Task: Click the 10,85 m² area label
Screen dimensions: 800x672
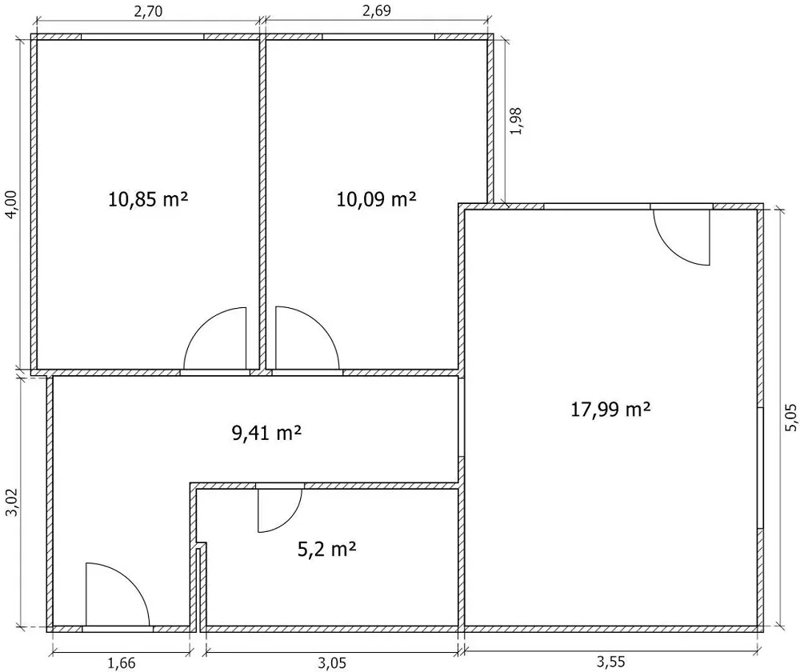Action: coord(148,198)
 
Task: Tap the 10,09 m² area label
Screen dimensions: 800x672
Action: coord(376,198)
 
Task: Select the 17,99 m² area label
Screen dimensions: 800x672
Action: coord(610,409)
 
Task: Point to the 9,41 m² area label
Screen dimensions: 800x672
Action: coord(266,433)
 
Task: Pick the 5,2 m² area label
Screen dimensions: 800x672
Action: coord(326,549)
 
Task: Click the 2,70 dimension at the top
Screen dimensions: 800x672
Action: coord(148,11)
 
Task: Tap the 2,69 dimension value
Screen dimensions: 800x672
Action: coord(377,10)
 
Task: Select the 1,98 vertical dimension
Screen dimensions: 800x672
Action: coord(516,121)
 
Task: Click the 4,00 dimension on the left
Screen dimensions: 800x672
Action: coord(11,205)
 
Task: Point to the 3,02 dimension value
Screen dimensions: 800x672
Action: coord(11,502)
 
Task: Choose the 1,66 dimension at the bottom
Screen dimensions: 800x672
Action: coord(122,663)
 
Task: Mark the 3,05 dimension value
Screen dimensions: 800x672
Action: coord(332,663)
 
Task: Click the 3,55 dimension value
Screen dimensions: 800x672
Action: coord(610,662)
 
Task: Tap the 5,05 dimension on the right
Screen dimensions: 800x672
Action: coord(790,418)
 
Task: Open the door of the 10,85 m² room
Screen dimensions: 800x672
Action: coord(214,338)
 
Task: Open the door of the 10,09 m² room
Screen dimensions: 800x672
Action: coord(308,338)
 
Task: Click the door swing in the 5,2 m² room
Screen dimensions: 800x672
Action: coord(279,510)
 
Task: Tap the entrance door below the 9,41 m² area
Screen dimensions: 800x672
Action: coord(118,594)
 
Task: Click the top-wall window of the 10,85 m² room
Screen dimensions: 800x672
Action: coord(142,37)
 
